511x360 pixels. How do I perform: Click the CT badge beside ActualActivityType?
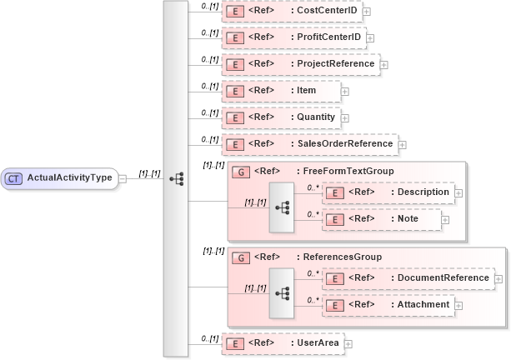point(14,177)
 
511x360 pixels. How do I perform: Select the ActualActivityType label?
point(70,177)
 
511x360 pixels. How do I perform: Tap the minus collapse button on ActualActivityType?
point(123,177)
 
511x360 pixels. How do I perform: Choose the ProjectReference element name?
point(333,63)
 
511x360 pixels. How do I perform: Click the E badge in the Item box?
point(236,91)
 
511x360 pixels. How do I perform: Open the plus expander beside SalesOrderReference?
point(403,144)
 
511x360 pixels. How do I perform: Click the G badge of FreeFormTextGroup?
point(241,172)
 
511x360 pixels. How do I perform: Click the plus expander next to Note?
point(445,220)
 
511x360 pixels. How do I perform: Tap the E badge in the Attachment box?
point(335,305)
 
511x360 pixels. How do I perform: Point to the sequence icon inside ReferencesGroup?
point(282,292)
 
